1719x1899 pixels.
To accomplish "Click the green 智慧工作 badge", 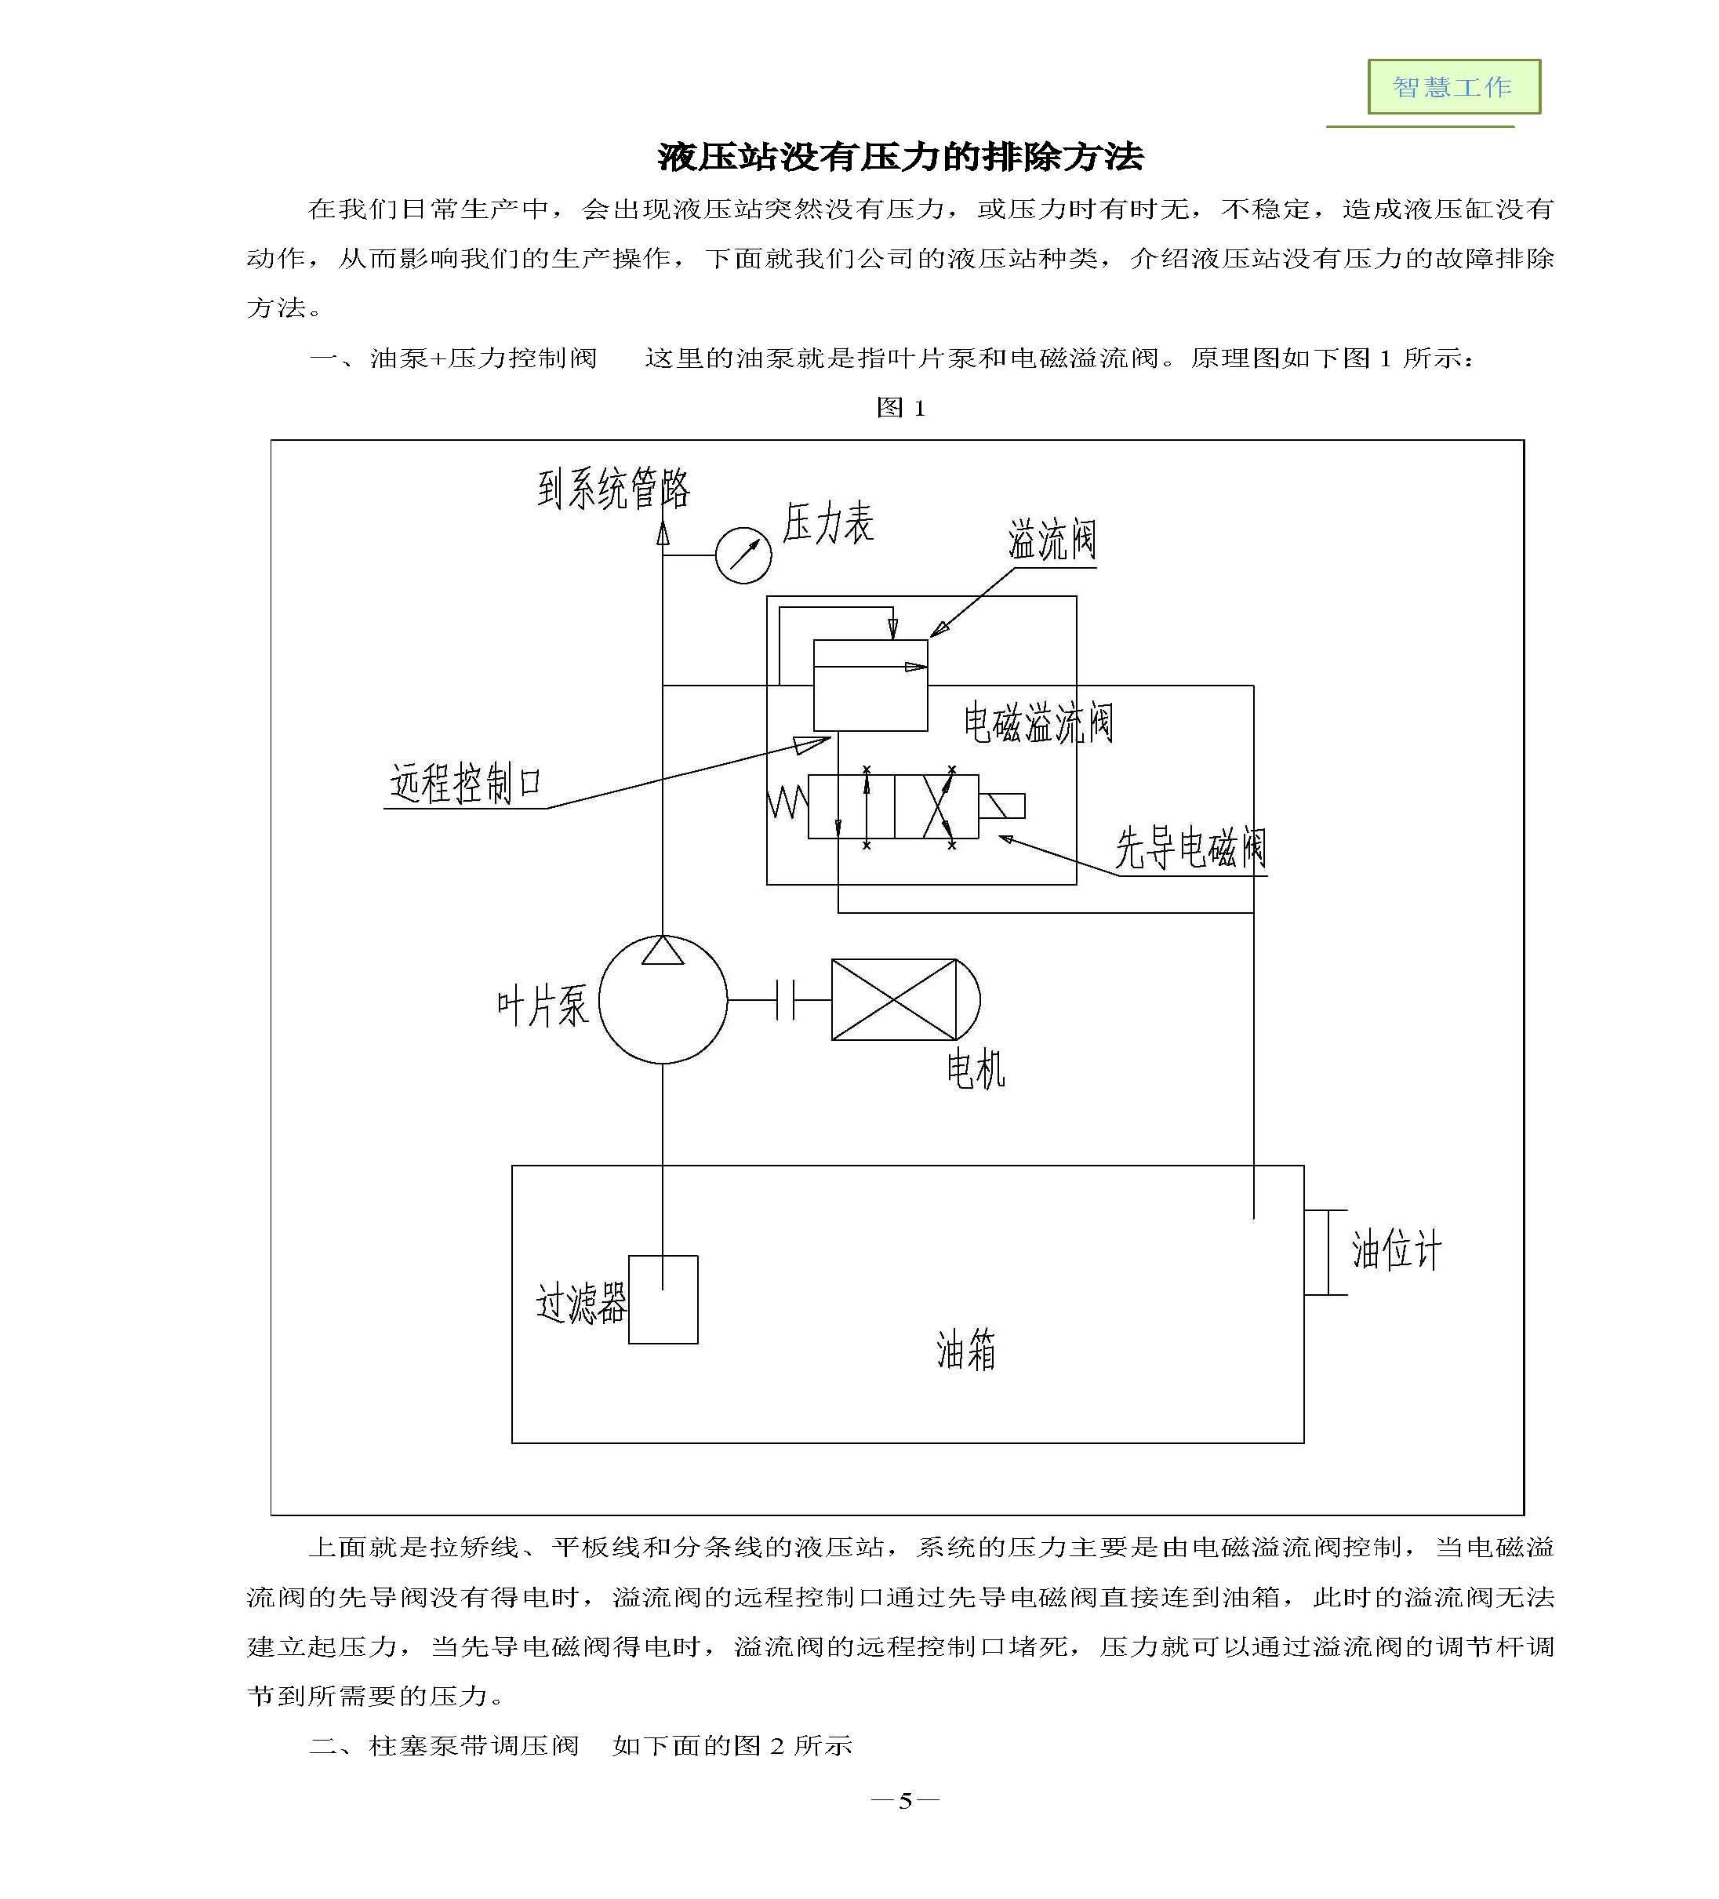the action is pos(1453,86).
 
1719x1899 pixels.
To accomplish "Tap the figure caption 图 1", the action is pos(900,408).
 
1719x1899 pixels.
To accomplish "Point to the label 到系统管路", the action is pos(614,489).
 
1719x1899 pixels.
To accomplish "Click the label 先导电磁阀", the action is pos(1190,848).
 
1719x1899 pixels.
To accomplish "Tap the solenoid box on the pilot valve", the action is pos(1002,806).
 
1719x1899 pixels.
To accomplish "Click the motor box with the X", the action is pos(893,999).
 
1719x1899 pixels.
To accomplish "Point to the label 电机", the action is pos(976,1069).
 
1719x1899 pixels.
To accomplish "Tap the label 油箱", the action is pos(966,1350).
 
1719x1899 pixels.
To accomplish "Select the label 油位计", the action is pos(1397,1250).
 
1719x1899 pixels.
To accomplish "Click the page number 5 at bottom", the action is pos(905,1801).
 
